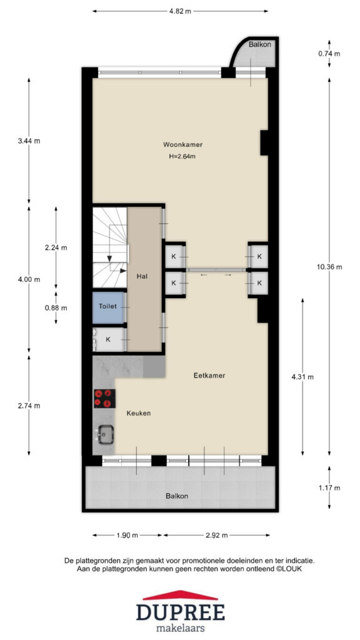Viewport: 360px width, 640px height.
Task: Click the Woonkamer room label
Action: point(183,144)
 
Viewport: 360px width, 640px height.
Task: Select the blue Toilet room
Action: point(108,307)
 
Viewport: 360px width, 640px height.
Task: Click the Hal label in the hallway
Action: point(142,276)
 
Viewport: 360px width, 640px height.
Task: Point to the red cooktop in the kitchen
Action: point(104,398)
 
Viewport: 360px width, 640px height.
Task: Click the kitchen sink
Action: point(105,434)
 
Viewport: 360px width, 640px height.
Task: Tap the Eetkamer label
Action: point(209,376)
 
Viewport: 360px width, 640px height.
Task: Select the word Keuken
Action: point(138,413)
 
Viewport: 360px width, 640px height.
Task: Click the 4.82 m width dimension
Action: point(180,11)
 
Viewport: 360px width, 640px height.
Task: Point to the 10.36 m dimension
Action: point(329,267)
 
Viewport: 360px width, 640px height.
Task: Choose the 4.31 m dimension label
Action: point(302,377)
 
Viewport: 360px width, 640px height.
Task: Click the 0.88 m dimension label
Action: point(56,307)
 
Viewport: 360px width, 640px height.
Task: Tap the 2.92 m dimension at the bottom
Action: point(216,536)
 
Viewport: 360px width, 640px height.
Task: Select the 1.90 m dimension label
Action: point(127,536)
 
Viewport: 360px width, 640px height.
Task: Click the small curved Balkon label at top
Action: point(259,44)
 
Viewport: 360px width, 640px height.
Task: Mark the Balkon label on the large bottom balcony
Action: point(177,496)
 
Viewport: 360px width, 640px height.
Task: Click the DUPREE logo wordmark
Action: point(181,612)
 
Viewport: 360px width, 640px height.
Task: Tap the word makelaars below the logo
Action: point(181,628)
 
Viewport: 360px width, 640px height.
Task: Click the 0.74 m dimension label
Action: point(329,54)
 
